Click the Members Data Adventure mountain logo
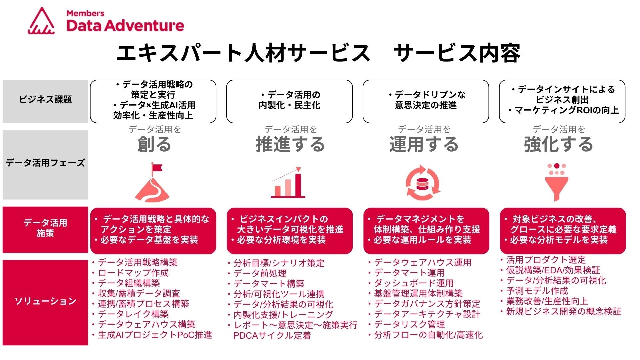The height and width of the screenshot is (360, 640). [x=41, y=21]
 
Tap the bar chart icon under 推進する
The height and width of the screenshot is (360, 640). [x=288, y=183]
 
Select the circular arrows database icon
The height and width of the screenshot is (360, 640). [x=423, y=183]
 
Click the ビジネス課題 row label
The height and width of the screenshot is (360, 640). [x=45, y=100]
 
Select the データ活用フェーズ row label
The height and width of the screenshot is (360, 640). [x=45, y=163]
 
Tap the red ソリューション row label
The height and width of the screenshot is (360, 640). [x=45, y=301]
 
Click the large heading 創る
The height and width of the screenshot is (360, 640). [x=154, y=144]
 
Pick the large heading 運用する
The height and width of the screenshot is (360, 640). [x=424, y=144]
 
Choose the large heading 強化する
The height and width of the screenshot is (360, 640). [x=558, y=144]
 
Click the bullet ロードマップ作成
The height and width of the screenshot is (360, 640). [x=133, y=273]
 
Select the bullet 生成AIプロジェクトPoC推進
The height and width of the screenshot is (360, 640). [x=155, y=335]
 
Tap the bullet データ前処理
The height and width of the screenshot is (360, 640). [x=260, y=274]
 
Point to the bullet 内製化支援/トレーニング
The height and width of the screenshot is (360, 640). [x=283, y=315]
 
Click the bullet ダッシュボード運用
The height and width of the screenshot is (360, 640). [x=413, y=283]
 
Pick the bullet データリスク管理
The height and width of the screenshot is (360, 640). [x=409, y=324]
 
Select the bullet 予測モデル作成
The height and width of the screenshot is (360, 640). [x=537, y=291]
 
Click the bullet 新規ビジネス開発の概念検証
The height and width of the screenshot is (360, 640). [x=563, y=312]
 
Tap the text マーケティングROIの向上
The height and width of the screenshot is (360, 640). [x=566, y=110]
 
